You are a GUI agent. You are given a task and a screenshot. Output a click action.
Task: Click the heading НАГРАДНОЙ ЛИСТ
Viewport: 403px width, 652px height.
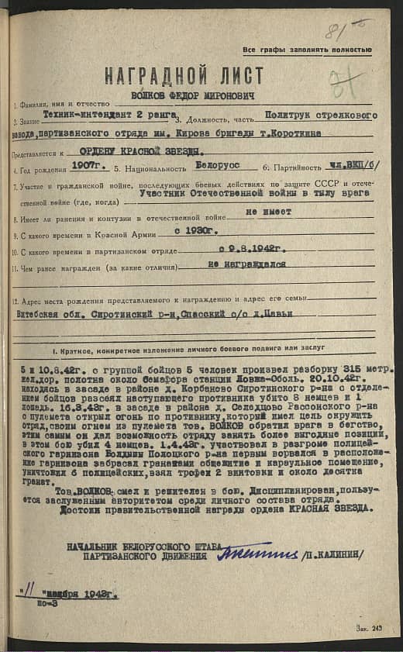click(x=184, y=77)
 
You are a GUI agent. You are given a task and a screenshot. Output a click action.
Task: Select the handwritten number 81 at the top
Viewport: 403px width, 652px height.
click(x=338, y=32)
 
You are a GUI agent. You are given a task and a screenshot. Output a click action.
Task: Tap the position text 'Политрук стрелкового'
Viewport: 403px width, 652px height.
click(x=320, y=116)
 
